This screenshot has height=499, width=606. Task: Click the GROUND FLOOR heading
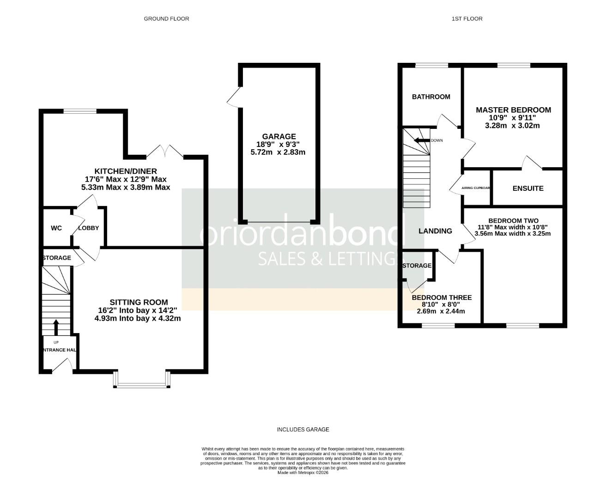coord(166,18)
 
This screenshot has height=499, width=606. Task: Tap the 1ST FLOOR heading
coord(467,18)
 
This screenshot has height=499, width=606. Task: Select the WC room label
coord(56,228)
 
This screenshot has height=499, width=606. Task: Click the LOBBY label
coord(88,228)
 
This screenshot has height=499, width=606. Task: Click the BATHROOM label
coord(431,97)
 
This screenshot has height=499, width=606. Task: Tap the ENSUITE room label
coord(528,188)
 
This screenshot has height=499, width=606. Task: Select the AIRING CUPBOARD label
coord(476,188)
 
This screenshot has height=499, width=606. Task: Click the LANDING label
coord(435,231)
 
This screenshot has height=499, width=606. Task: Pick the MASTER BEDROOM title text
coord(513,110)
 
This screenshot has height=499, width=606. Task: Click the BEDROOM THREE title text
coord(442,298)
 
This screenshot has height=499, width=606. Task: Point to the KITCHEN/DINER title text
coord(126,171)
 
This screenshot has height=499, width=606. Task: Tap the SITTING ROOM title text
coord(139,302)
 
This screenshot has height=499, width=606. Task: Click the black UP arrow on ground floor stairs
coord(56,327)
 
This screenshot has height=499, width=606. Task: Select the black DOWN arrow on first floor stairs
coord(421,140)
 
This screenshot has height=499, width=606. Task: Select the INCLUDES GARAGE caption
coord(303,430)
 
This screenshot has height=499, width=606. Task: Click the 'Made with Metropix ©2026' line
coord(303,473)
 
